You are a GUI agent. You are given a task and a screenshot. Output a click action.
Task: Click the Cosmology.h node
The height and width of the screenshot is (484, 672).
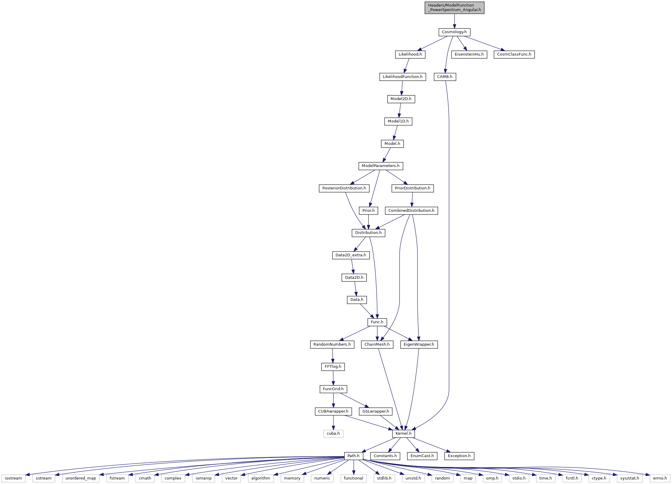click(x=454, y=32)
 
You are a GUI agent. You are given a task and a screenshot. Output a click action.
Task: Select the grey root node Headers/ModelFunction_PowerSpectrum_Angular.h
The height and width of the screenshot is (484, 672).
click(x=454, y=7)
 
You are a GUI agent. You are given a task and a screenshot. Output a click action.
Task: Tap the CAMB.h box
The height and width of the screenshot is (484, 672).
click(x=445, y=77)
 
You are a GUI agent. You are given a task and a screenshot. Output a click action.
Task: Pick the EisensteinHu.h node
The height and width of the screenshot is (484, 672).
click(x=469, y=54)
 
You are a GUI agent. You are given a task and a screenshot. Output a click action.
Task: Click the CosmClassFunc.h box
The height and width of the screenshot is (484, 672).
click(x=514, y=54)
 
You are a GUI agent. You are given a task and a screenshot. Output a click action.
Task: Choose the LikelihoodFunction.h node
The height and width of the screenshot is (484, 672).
click(x=402, y=77)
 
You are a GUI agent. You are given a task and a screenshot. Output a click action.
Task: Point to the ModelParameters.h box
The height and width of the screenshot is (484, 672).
click(x=381, y=166)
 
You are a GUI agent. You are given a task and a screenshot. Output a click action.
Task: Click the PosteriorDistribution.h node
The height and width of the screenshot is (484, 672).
click(x=344, y=188)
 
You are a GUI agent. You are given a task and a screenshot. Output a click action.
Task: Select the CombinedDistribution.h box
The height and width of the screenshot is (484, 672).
click(x=411, y=211)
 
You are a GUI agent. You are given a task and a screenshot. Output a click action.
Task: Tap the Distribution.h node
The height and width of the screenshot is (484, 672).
click(x=368, y=233)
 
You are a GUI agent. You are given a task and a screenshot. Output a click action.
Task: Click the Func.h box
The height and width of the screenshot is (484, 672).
click(x=377, y=322)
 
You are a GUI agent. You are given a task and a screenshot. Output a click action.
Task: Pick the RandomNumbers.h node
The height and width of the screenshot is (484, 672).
click(x=332, y=344)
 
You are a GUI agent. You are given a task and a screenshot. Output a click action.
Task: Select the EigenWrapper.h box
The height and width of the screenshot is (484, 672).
click(x=419, y=344)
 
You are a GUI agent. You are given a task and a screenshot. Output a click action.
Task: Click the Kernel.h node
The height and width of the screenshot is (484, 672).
click(x=403, y=434)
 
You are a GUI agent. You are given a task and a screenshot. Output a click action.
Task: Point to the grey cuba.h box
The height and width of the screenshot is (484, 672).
click(x=333, y=434)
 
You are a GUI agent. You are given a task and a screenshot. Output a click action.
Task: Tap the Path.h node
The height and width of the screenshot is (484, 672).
click(x=353, y=456)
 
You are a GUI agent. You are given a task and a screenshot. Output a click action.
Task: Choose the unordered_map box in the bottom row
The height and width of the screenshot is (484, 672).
click(x=81, y=478)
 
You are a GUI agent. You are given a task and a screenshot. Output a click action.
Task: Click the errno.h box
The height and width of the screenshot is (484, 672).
click(x=660, y=478)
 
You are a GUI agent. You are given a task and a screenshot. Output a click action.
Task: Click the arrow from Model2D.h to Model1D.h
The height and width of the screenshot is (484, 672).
click(x=400, y=110)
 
